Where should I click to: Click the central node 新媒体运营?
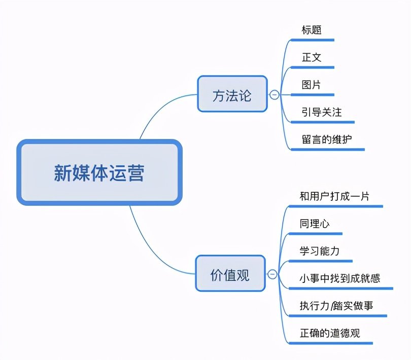tap(99, 173)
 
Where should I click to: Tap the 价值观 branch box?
tap(230, 274)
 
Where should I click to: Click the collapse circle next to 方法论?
tap(275, 95)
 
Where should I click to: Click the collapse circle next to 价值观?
tap(272, 274)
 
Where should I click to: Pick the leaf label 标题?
tap(311, 29)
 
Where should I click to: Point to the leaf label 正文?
tap(311, 57)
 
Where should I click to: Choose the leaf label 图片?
tap(311, 84)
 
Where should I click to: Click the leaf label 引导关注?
tap(321, 112)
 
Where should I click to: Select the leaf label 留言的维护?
tap(326, 139)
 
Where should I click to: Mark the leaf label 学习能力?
tap(320, 251)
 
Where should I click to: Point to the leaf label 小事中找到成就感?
tap(339, 278)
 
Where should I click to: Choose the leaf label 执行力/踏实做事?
tap(336, 306)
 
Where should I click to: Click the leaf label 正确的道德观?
tap(330, 333)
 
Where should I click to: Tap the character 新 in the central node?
tap(62, 173)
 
